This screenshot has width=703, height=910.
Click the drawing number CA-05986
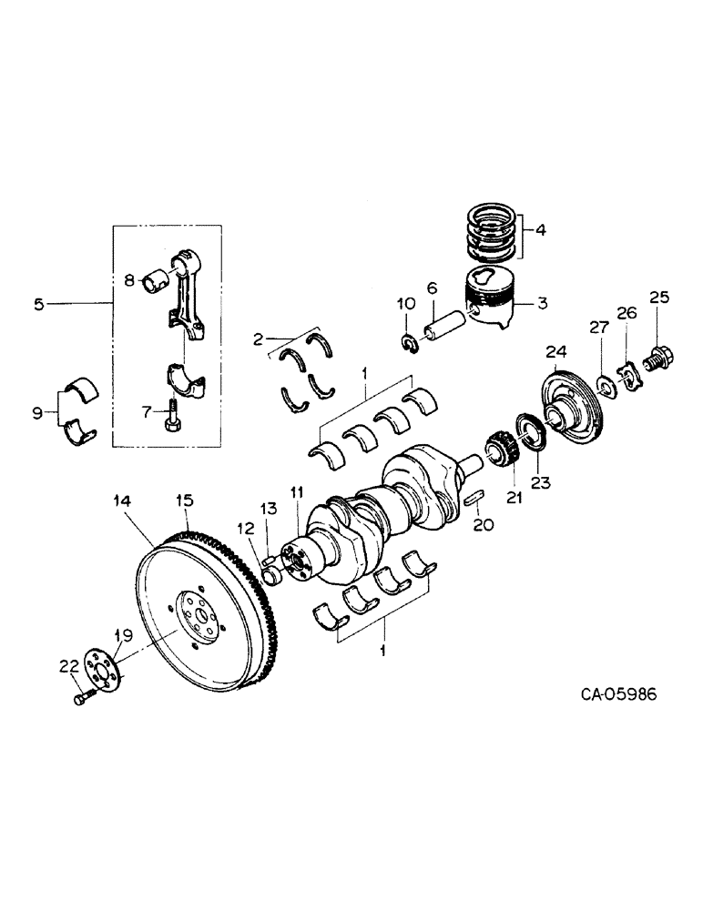(x=618, y=694)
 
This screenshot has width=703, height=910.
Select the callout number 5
(x=38, y=306)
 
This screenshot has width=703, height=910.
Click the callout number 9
(x=37, y=413)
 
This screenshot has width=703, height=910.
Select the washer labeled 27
(x=603, y=379)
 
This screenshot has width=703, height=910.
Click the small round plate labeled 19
(x=103, y=668)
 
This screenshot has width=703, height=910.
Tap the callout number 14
(x=122, y=500)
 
